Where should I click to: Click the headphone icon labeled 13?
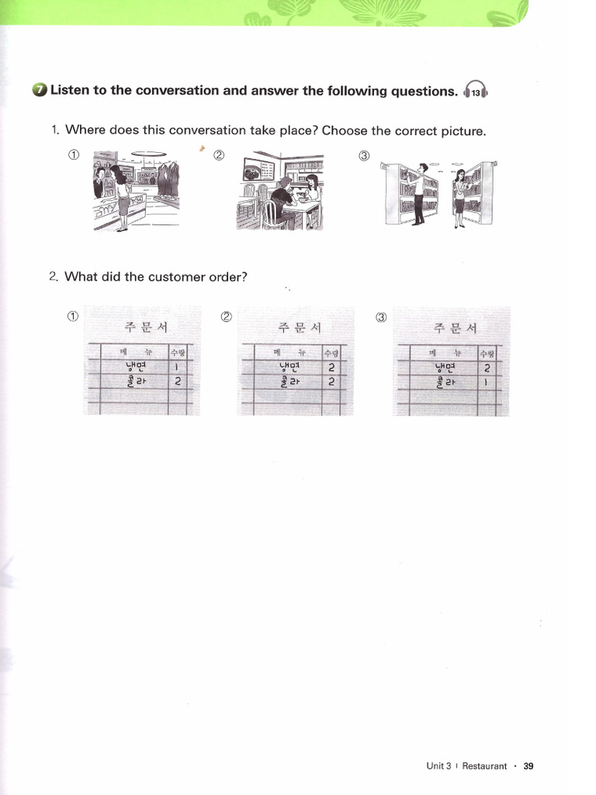coord(475,92)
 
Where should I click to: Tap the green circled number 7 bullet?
coord(40,91)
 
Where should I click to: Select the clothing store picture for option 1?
coord(136,190)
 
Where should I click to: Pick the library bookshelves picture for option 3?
coord(439,193)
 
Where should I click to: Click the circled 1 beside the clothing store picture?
coord(73,154)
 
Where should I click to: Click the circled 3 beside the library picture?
coord(364,155)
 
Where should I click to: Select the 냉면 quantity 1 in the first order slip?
coord(178,367)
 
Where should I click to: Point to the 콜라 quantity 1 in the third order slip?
coord(487,382)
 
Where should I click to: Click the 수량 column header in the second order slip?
coord(331,352)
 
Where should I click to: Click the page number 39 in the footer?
coord(528,766)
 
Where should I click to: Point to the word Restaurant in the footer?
coord(484,766)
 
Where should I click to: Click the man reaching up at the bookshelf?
coord(419,193)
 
